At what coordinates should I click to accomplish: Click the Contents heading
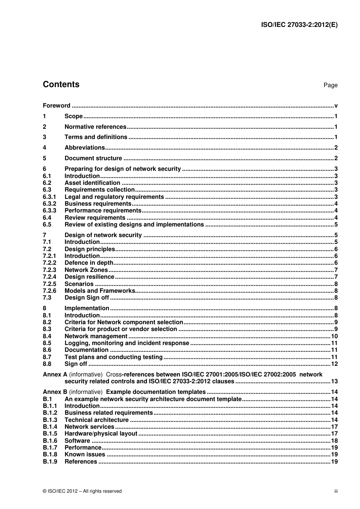click(x=61, y=84)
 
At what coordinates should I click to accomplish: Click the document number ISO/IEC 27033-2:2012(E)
click(x=299, y=25)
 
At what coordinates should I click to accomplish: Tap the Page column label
click(x=330, y=85)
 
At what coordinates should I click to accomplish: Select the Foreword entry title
click(x=56, y=106)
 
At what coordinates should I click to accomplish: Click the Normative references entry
click(x=95, y=127)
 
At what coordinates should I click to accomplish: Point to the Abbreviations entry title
click(x=85, y=148)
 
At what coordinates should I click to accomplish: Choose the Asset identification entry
click(x=92, y=183)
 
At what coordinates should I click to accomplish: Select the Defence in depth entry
click(x=89, y=263)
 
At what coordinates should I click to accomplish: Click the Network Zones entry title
click(x=86, y=270)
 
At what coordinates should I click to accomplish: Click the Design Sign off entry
click(x=87, y=298)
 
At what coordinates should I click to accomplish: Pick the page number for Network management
click(x=334, y=336)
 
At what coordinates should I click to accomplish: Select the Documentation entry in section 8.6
click(x=86, y=350)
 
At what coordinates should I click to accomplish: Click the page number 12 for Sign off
click(x=334, y=364)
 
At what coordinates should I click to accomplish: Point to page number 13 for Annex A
click(x=334, y=381)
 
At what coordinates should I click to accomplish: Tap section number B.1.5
click(x=50, y=434)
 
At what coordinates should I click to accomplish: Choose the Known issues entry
click(x=85, y=454)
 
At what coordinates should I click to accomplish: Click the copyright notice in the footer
click(x=82, y=491)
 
